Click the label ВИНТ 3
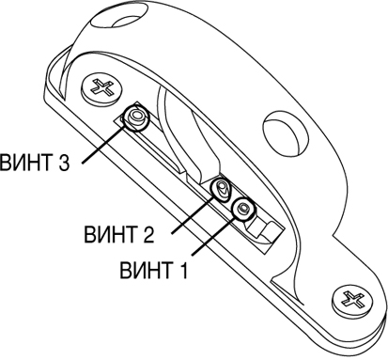coord(35,162)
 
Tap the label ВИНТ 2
coord(119,234)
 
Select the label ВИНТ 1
coord(153,270)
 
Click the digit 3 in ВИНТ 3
coord(64,162)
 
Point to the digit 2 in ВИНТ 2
coord(148,234)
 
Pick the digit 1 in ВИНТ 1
coord(182,270)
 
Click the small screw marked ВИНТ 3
coord(136,117)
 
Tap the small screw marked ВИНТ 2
coord(221,189)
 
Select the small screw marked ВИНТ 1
coord(243,209)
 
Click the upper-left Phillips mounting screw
coord(101,88)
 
